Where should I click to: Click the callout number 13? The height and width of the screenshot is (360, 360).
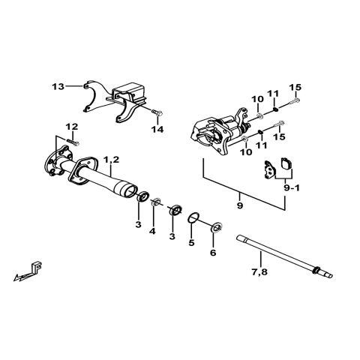tap(58, 87)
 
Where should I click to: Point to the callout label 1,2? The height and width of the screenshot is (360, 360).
tap(111, 160)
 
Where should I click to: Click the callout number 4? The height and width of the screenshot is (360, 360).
tap(153, 232)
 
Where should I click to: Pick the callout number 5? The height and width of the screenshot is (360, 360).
tap(191, 243)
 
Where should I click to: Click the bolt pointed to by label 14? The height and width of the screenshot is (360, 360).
tap(154, 112)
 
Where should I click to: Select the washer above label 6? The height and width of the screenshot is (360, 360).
tap(215, 226)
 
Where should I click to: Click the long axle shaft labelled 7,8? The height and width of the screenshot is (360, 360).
tap(277, 253)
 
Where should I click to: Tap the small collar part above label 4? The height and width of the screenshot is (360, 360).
tap(157, 202)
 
